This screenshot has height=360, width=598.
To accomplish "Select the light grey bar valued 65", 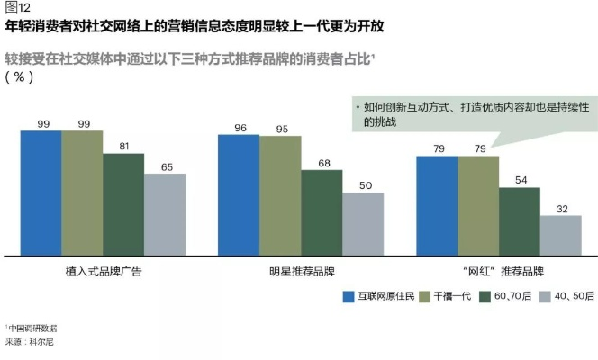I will tap(165, 214).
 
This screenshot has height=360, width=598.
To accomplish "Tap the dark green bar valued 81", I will tap(123, 204).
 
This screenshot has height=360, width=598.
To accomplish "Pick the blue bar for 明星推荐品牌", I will tap(239, 194).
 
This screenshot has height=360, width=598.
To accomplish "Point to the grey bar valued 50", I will tap(363, 223).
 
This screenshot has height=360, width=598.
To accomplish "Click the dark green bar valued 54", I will tap(520, 220).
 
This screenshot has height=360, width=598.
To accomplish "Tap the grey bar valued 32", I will tap(560, 235).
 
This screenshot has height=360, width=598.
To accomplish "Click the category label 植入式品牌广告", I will tap(103, 270).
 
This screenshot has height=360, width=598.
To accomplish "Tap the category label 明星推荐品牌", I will tap(301, 270).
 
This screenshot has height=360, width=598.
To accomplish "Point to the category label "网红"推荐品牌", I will tap(499, 270).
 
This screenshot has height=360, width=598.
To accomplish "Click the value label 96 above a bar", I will tap(239, 128).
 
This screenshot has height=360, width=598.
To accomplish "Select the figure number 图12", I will tap(18, 8).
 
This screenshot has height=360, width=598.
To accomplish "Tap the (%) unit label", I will tap(19, 76).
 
